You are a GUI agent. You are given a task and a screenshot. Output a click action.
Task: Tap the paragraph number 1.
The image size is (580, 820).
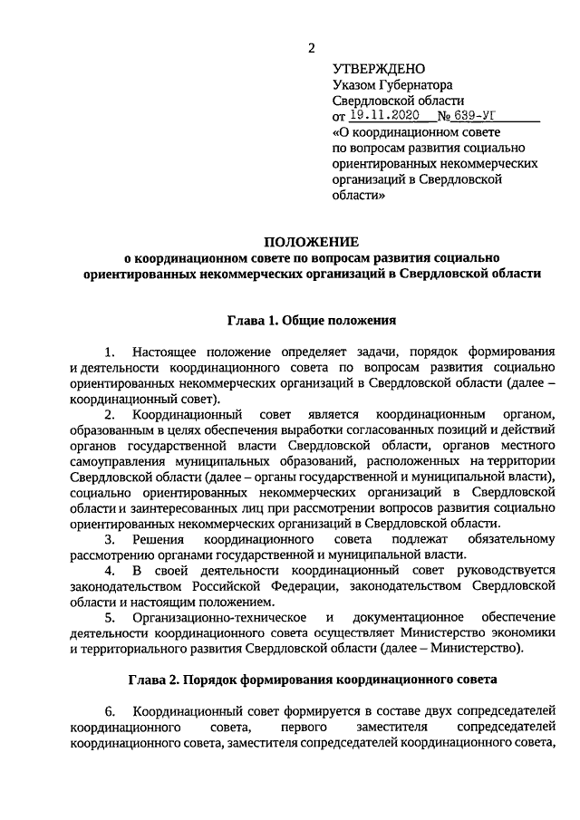click(x=110, y=351)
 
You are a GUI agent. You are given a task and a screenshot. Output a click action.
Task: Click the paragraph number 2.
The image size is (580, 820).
click(x=110, y=414)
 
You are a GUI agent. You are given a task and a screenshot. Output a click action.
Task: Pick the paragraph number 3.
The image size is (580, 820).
click(x=110, y=540)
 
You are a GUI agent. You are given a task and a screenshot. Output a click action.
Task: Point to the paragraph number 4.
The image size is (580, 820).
click(x=110, y=572)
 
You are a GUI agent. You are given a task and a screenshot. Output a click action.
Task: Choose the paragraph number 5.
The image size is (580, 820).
click(x=110, y=618)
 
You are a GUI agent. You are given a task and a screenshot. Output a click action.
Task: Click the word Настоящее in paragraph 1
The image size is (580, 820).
click(x=166, y=351)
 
